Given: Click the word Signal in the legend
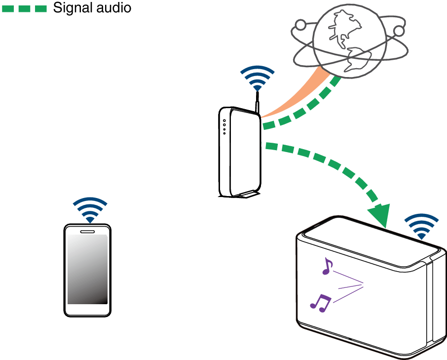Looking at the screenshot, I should point(74,8).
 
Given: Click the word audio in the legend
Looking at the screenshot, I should point(114,8).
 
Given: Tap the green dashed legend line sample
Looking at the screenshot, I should point(24,8).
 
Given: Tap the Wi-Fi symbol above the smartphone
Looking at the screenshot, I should point(90,210).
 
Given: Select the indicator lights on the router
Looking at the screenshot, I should point(224,127).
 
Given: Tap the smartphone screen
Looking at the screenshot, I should point(87,269).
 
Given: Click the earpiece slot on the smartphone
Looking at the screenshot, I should point(87,231).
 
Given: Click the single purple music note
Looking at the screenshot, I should point(326,267).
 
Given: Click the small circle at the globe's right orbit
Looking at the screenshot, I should point(399,32).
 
